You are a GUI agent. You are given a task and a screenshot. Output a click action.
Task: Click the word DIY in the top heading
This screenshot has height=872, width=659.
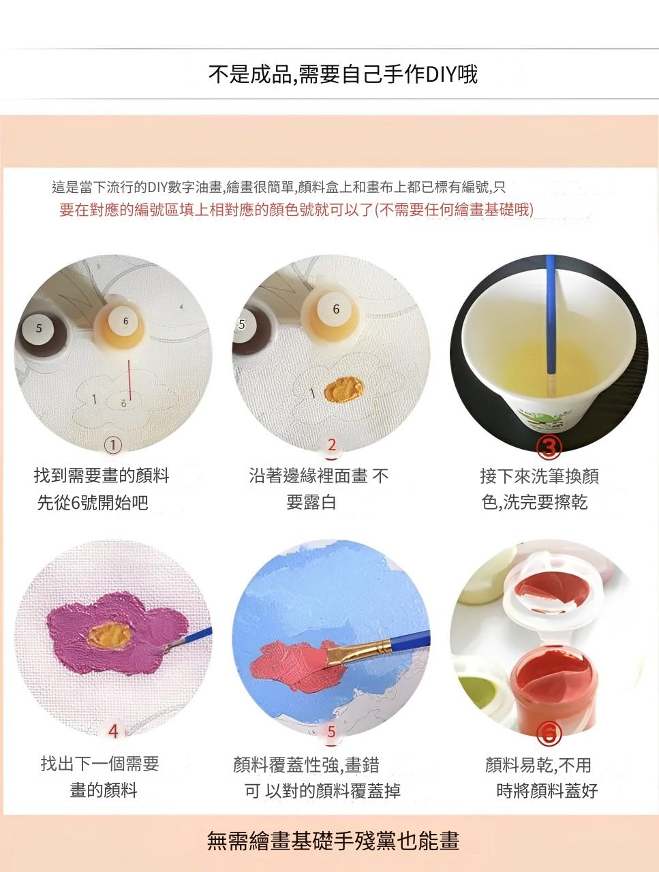tap(441, 74)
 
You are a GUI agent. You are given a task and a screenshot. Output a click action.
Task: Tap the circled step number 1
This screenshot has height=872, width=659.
tap(112, 445)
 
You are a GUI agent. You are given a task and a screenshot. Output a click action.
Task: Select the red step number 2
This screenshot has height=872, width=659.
tap(332, 445)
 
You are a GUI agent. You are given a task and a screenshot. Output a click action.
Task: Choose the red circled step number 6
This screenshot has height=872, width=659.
tap(549, 732)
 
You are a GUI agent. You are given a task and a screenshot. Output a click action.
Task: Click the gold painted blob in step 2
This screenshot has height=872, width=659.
tap(344, 388)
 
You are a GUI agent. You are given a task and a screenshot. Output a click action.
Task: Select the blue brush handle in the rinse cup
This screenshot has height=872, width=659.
tap(551, 314)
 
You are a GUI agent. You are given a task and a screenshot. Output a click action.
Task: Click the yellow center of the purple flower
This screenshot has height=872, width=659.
tap(109, 634)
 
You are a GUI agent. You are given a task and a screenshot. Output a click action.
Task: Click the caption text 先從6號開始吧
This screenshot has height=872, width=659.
tap(93, 503)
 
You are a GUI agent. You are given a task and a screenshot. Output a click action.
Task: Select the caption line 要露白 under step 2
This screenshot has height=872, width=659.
tap(311, 503)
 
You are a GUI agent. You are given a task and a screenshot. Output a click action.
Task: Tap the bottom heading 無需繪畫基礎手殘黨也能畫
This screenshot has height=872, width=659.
tap(333, 841)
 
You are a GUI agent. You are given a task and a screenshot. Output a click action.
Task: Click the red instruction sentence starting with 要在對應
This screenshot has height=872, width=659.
tap(296, 209)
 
